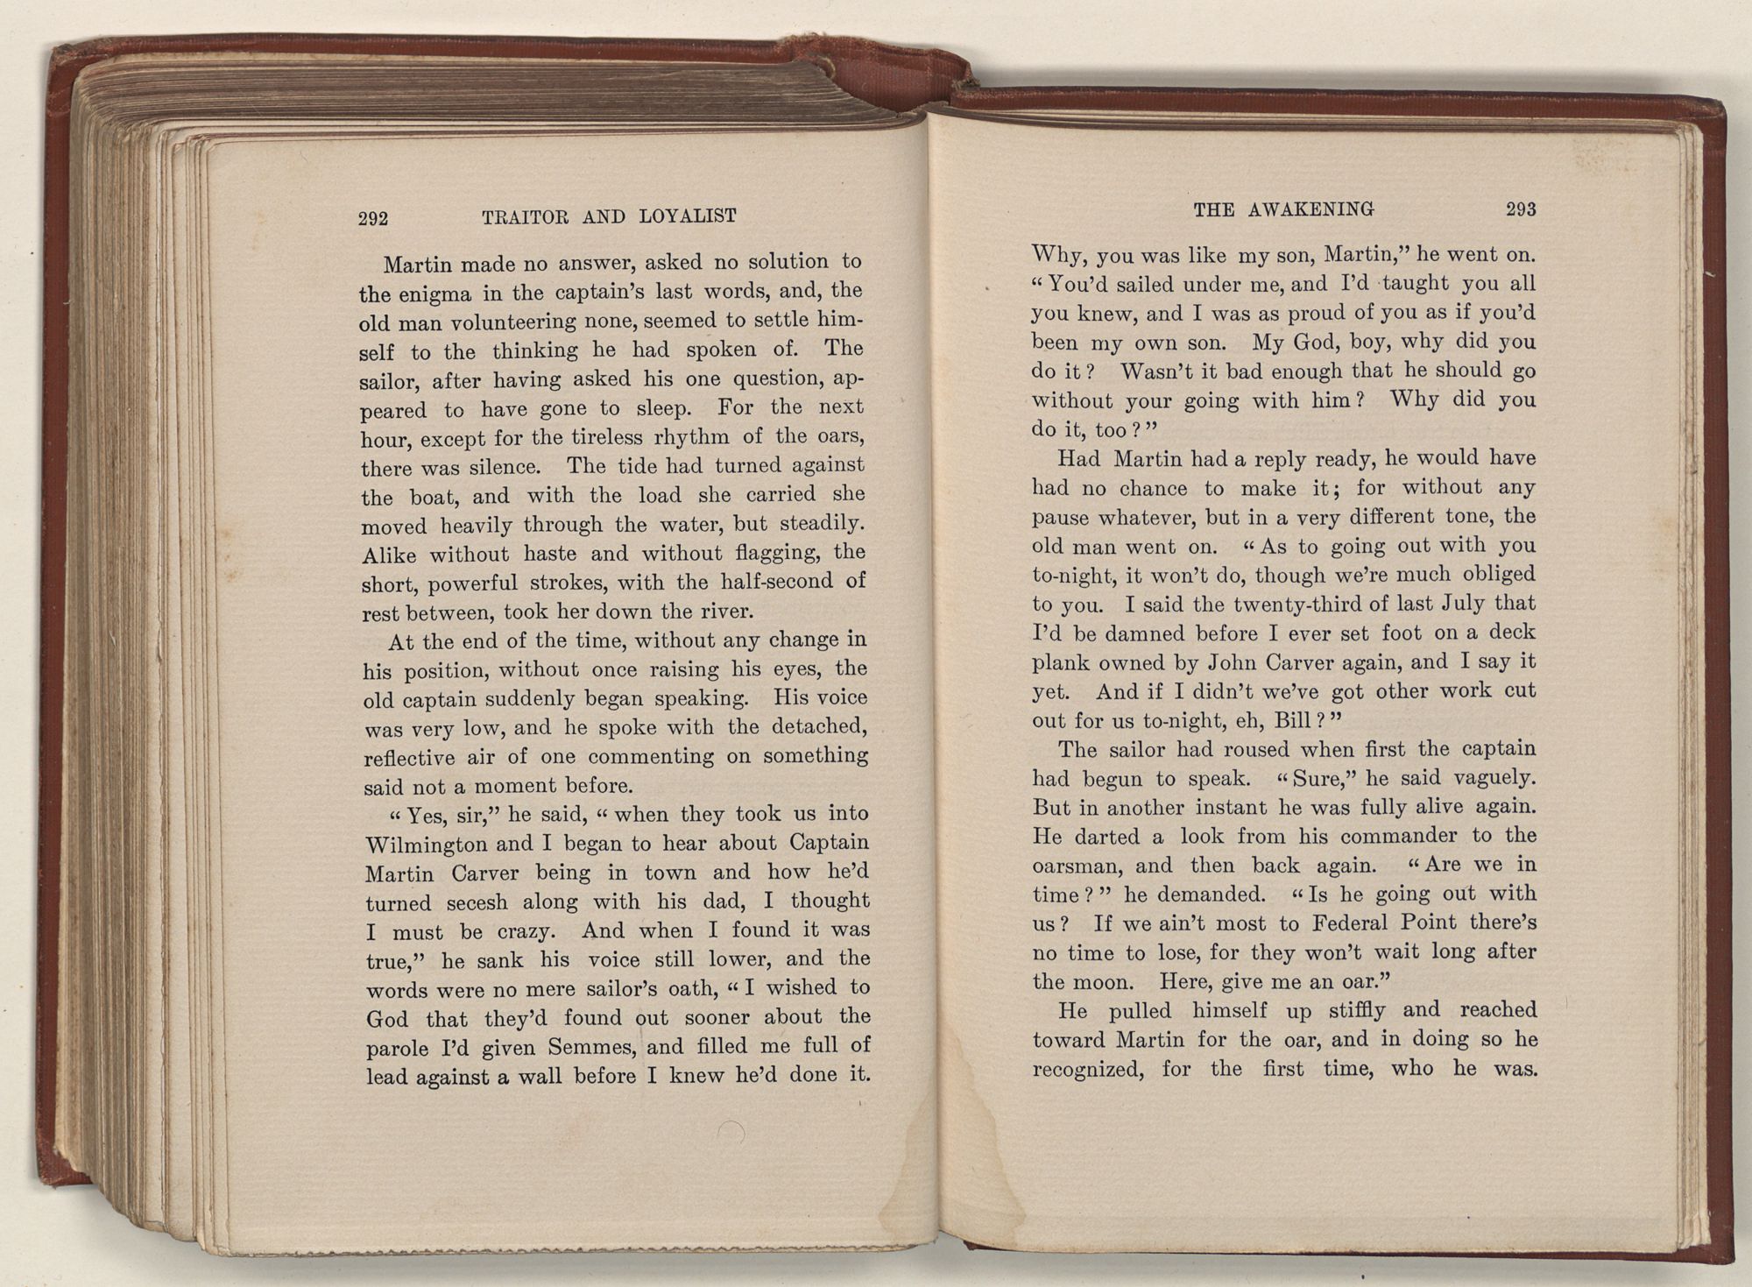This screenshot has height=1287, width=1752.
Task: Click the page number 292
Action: [x=373, y=219]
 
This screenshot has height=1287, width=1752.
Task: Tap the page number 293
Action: [x=1521, y=210]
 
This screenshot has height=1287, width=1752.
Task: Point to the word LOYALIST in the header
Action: [x=688, y=216]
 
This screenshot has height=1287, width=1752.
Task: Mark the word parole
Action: [x=397, y=1050]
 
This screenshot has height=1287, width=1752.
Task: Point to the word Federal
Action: [x=1362, y=923]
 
